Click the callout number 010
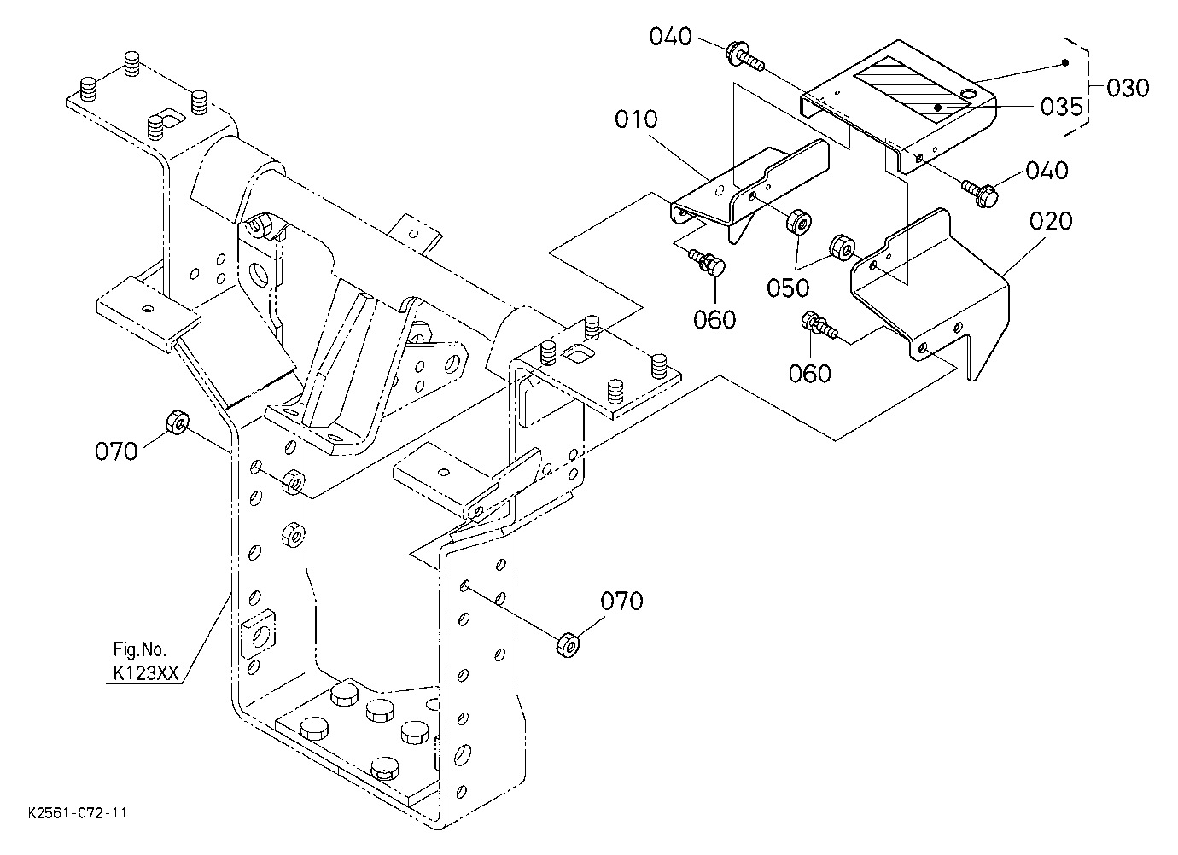point(636,120)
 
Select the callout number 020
point(1051,221)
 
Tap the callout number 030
point(1128,89)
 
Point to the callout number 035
point(1062,107)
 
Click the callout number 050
point(788,288)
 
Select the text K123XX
point(146,673)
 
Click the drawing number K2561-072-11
point(78,813)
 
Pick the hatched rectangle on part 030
point(912,90)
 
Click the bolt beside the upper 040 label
point(744,57)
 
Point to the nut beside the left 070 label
point(178,422)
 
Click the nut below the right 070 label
point(568,645)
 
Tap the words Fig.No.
point(139,650)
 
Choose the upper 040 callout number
point(670,37)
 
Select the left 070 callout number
point(116,451)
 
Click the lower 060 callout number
point(810,374)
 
